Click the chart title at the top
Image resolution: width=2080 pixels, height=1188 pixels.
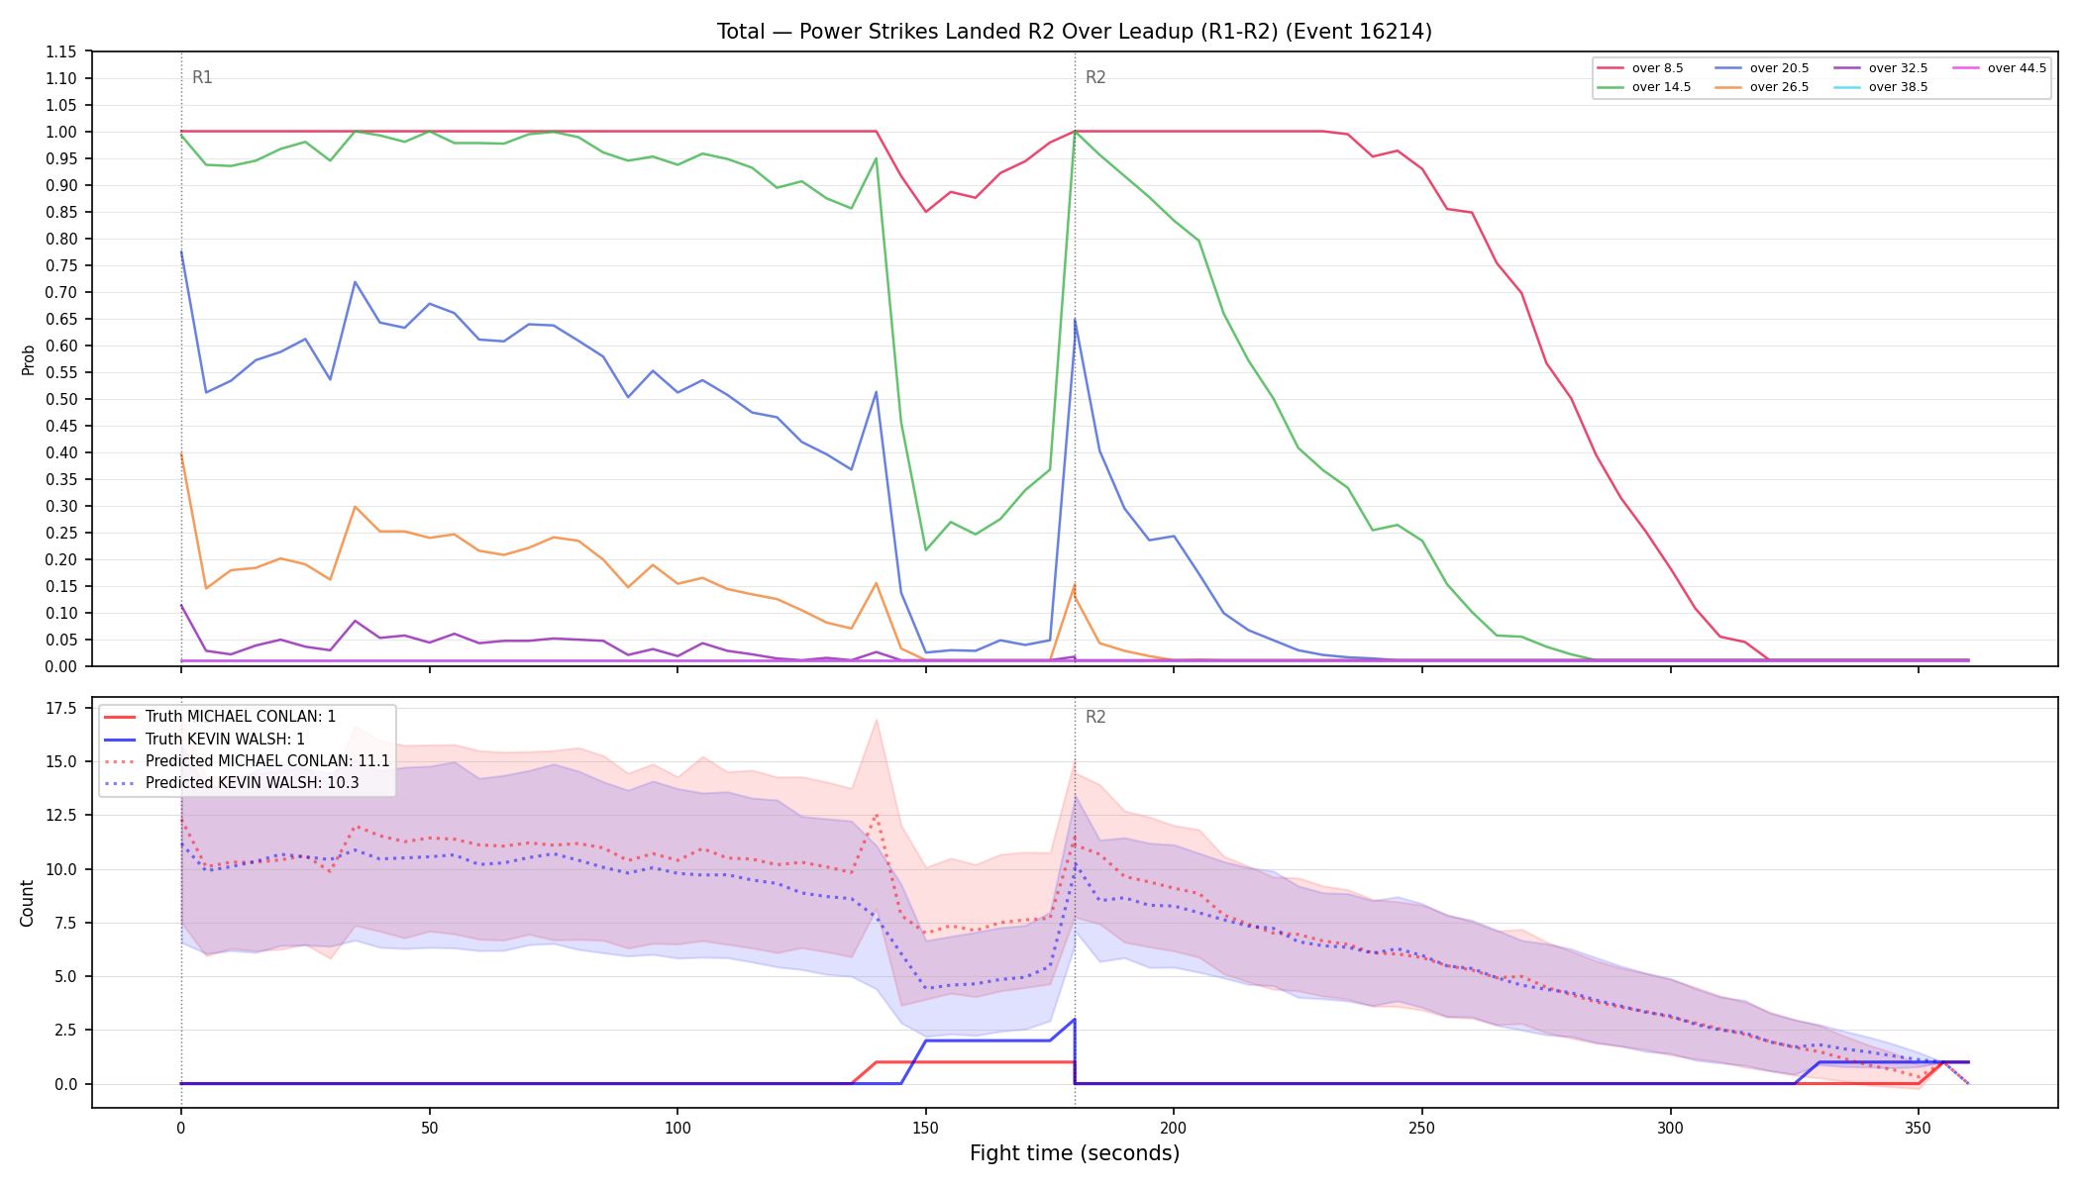(1075, 32)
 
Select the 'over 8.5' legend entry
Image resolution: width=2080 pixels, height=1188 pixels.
(1640, 68)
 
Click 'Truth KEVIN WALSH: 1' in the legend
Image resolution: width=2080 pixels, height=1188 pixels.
(204, 739)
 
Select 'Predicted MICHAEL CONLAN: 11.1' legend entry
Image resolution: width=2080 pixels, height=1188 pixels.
(247, 761)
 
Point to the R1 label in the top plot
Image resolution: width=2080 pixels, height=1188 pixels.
(202, 77)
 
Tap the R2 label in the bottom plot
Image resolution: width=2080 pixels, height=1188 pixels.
(1095, 717)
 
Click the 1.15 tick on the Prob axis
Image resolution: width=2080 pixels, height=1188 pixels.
(61, 51)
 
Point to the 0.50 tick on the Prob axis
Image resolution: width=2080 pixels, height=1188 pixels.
(61, 399)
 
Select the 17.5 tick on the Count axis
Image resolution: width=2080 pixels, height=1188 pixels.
(61, 708)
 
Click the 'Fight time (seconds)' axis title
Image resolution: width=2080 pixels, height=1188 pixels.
(1075, 1153)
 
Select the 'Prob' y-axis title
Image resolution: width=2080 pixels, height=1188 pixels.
(28, 359)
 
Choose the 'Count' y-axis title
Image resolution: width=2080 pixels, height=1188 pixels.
(27, 903)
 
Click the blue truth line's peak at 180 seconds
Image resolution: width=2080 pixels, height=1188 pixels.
(1075, 1020)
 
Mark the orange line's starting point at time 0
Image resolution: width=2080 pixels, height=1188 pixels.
(181, 454)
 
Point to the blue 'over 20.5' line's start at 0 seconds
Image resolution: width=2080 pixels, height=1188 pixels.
(181, 251)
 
